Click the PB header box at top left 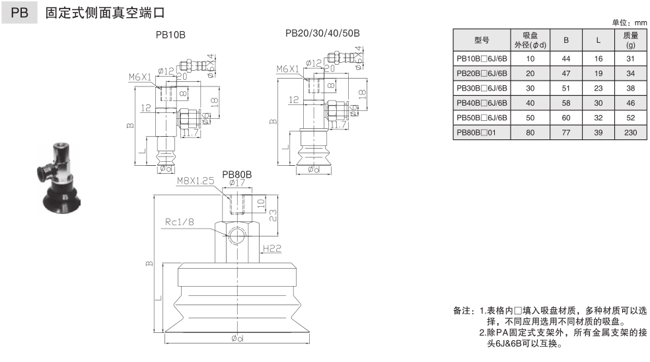[20, 13]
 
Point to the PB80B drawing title [237, 175]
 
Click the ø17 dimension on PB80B [237, 183]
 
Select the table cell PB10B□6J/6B [481, 59]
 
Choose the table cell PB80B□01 [481, 133]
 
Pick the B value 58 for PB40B [566, 103]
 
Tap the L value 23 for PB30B [597, 89]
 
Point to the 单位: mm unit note [631, 22]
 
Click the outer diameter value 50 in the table [530, 118]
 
